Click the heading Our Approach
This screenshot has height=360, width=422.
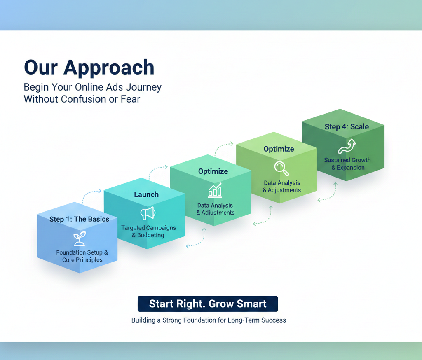[x=89, y=67]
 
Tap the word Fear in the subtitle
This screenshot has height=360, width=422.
[x=130, y=99]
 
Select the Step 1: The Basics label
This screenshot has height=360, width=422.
[x=79, y=219]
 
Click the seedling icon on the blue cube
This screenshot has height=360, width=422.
[x=80, y=238]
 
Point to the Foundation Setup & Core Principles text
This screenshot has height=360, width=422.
[x=82, y=256]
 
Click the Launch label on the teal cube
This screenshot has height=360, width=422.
[x=146, y=194]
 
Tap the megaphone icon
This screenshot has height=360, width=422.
[x=148, y=213]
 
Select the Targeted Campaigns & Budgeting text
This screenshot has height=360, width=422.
[x=148, y=231]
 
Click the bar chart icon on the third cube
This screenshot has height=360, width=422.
[x=215, y=190]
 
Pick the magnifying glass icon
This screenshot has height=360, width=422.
[x=281, y=168]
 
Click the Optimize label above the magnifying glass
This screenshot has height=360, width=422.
[x=279, y=149]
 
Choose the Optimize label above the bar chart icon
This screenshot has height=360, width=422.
[x=213, y=171]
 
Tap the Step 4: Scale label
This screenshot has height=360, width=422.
[x=347, y=127]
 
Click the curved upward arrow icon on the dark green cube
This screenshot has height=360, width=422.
[x=347, y=146]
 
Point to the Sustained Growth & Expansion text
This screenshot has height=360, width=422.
[x=347, y=164]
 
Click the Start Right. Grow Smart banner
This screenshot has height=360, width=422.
[x=208, y=304]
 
